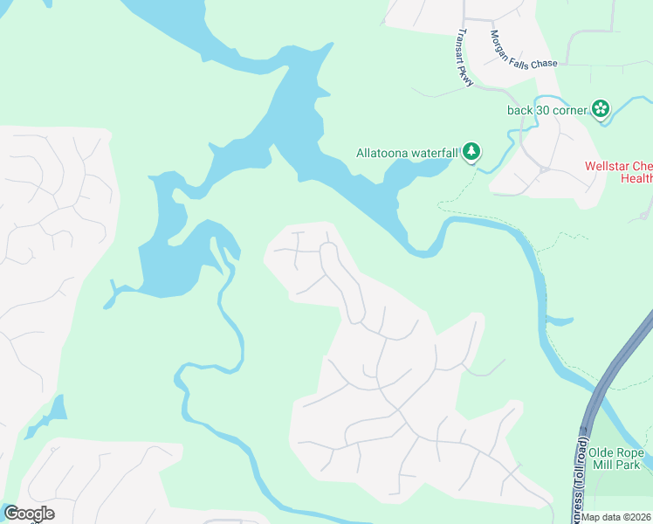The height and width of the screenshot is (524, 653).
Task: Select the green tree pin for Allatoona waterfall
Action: pos(471,152)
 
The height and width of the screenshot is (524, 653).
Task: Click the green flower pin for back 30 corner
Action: pos(601,109)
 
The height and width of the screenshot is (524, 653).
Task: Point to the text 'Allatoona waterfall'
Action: pos(407,153)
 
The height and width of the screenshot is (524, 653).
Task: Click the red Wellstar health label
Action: pos(618,172)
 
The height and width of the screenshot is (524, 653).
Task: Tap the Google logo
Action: pos(29,514)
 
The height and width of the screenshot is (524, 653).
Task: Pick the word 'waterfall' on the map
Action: pos(433,153)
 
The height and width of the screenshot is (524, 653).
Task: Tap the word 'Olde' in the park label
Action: pos(601,452)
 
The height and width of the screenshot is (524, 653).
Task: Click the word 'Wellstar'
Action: pos(606,166)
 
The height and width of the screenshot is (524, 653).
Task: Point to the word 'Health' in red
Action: pos(636,179)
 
